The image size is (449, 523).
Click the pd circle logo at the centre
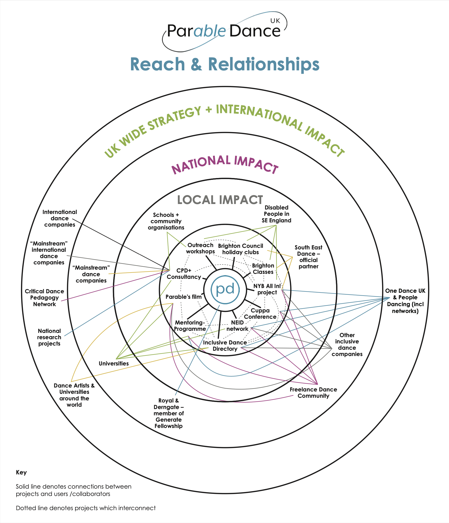tap(225, 289)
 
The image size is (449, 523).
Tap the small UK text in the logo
tap(275, 21)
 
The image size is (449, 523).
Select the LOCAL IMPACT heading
tap(220, 200)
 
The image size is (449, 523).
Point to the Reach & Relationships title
tap(225, 64)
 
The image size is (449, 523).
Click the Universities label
tap(113, 363)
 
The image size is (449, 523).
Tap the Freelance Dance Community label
tap(313, 393)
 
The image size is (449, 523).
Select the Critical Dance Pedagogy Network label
tap(44, 298)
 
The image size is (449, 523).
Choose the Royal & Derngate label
tap(169, 413)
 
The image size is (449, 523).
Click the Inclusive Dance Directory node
tap(225, 346)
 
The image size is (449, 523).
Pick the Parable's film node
tap(184, 297)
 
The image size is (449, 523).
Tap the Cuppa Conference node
tap(260, 313)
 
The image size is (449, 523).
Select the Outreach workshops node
tap(200, 248)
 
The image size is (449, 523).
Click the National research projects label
tap(49, 337)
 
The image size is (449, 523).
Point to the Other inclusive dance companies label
tap(347, 344)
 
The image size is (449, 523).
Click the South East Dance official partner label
tap(308, 257)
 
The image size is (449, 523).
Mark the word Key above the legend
tap(21, 472)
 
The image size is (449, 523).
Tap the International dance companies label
tap(60, 218)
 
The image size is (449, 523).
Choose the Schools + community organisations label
tap(166, 221)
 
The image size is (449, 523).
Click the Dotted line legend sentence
tap(86, 508)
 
